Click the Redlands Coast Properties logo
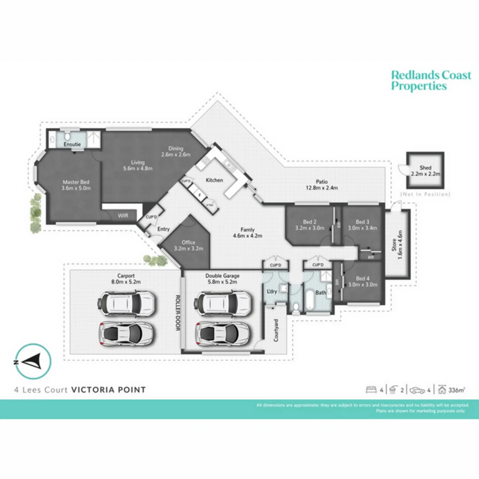[x=431, y=81]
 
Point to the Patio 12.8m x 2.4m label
[x=321, y=185]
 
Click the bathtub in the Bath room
[x=310, y=301]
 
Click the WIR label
[x=123, y=216]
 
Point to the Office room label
[x=188, y=245]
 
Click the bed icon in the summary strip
[x=370, y=390]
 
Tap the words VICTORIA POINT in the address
[x=108, y=390]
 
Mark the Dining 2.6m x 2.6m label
[x=176, y=152]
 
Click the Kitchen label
[x=214, y=180]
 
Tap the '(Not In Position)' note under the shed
[x=425, y=194]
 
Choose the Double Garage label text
[x=222, y=279]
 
